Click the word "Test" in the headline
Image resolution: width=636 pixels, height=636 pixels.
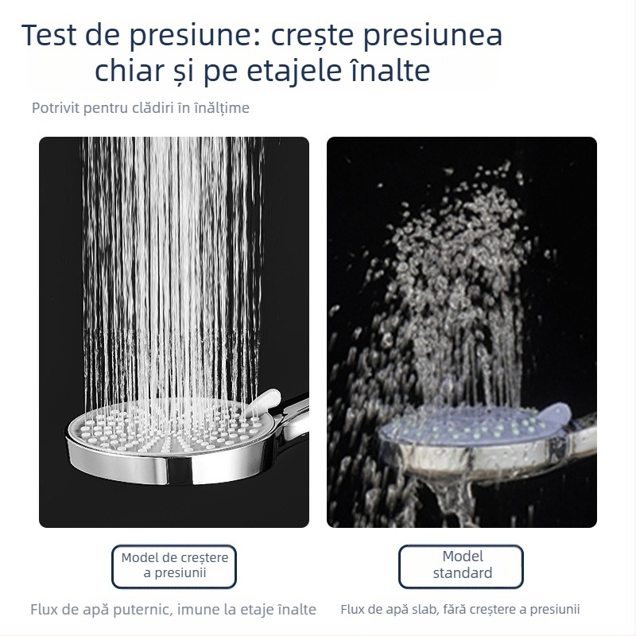(49, 34)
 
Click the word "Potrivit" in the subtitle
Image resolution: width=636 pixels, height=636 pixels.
(56, 108)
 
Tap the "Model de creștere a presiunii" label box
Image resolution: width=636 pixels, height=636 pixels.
(174, 567)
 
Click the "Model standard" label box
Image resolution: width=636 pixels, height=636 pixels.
(461, 567)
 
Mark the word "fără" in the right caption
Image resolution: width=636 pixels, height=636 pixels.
(456, 609)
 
